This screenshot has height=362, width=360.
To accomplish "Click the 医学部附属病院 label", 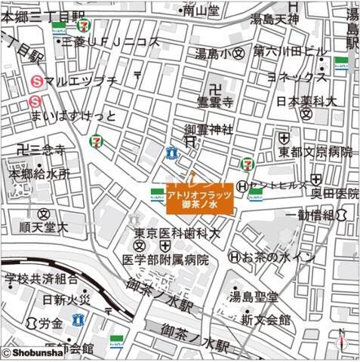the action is (165, 259).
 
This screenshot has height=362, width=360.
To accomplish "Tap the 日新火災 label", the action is (66, 299).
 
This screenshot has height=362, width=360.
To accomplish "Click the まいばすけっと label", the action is (74, 116).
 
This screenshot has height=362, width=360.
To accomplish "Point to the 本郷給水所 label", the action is (39, 173).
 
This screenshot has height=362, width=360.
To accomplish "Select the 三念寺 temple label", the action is (47, 150).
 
